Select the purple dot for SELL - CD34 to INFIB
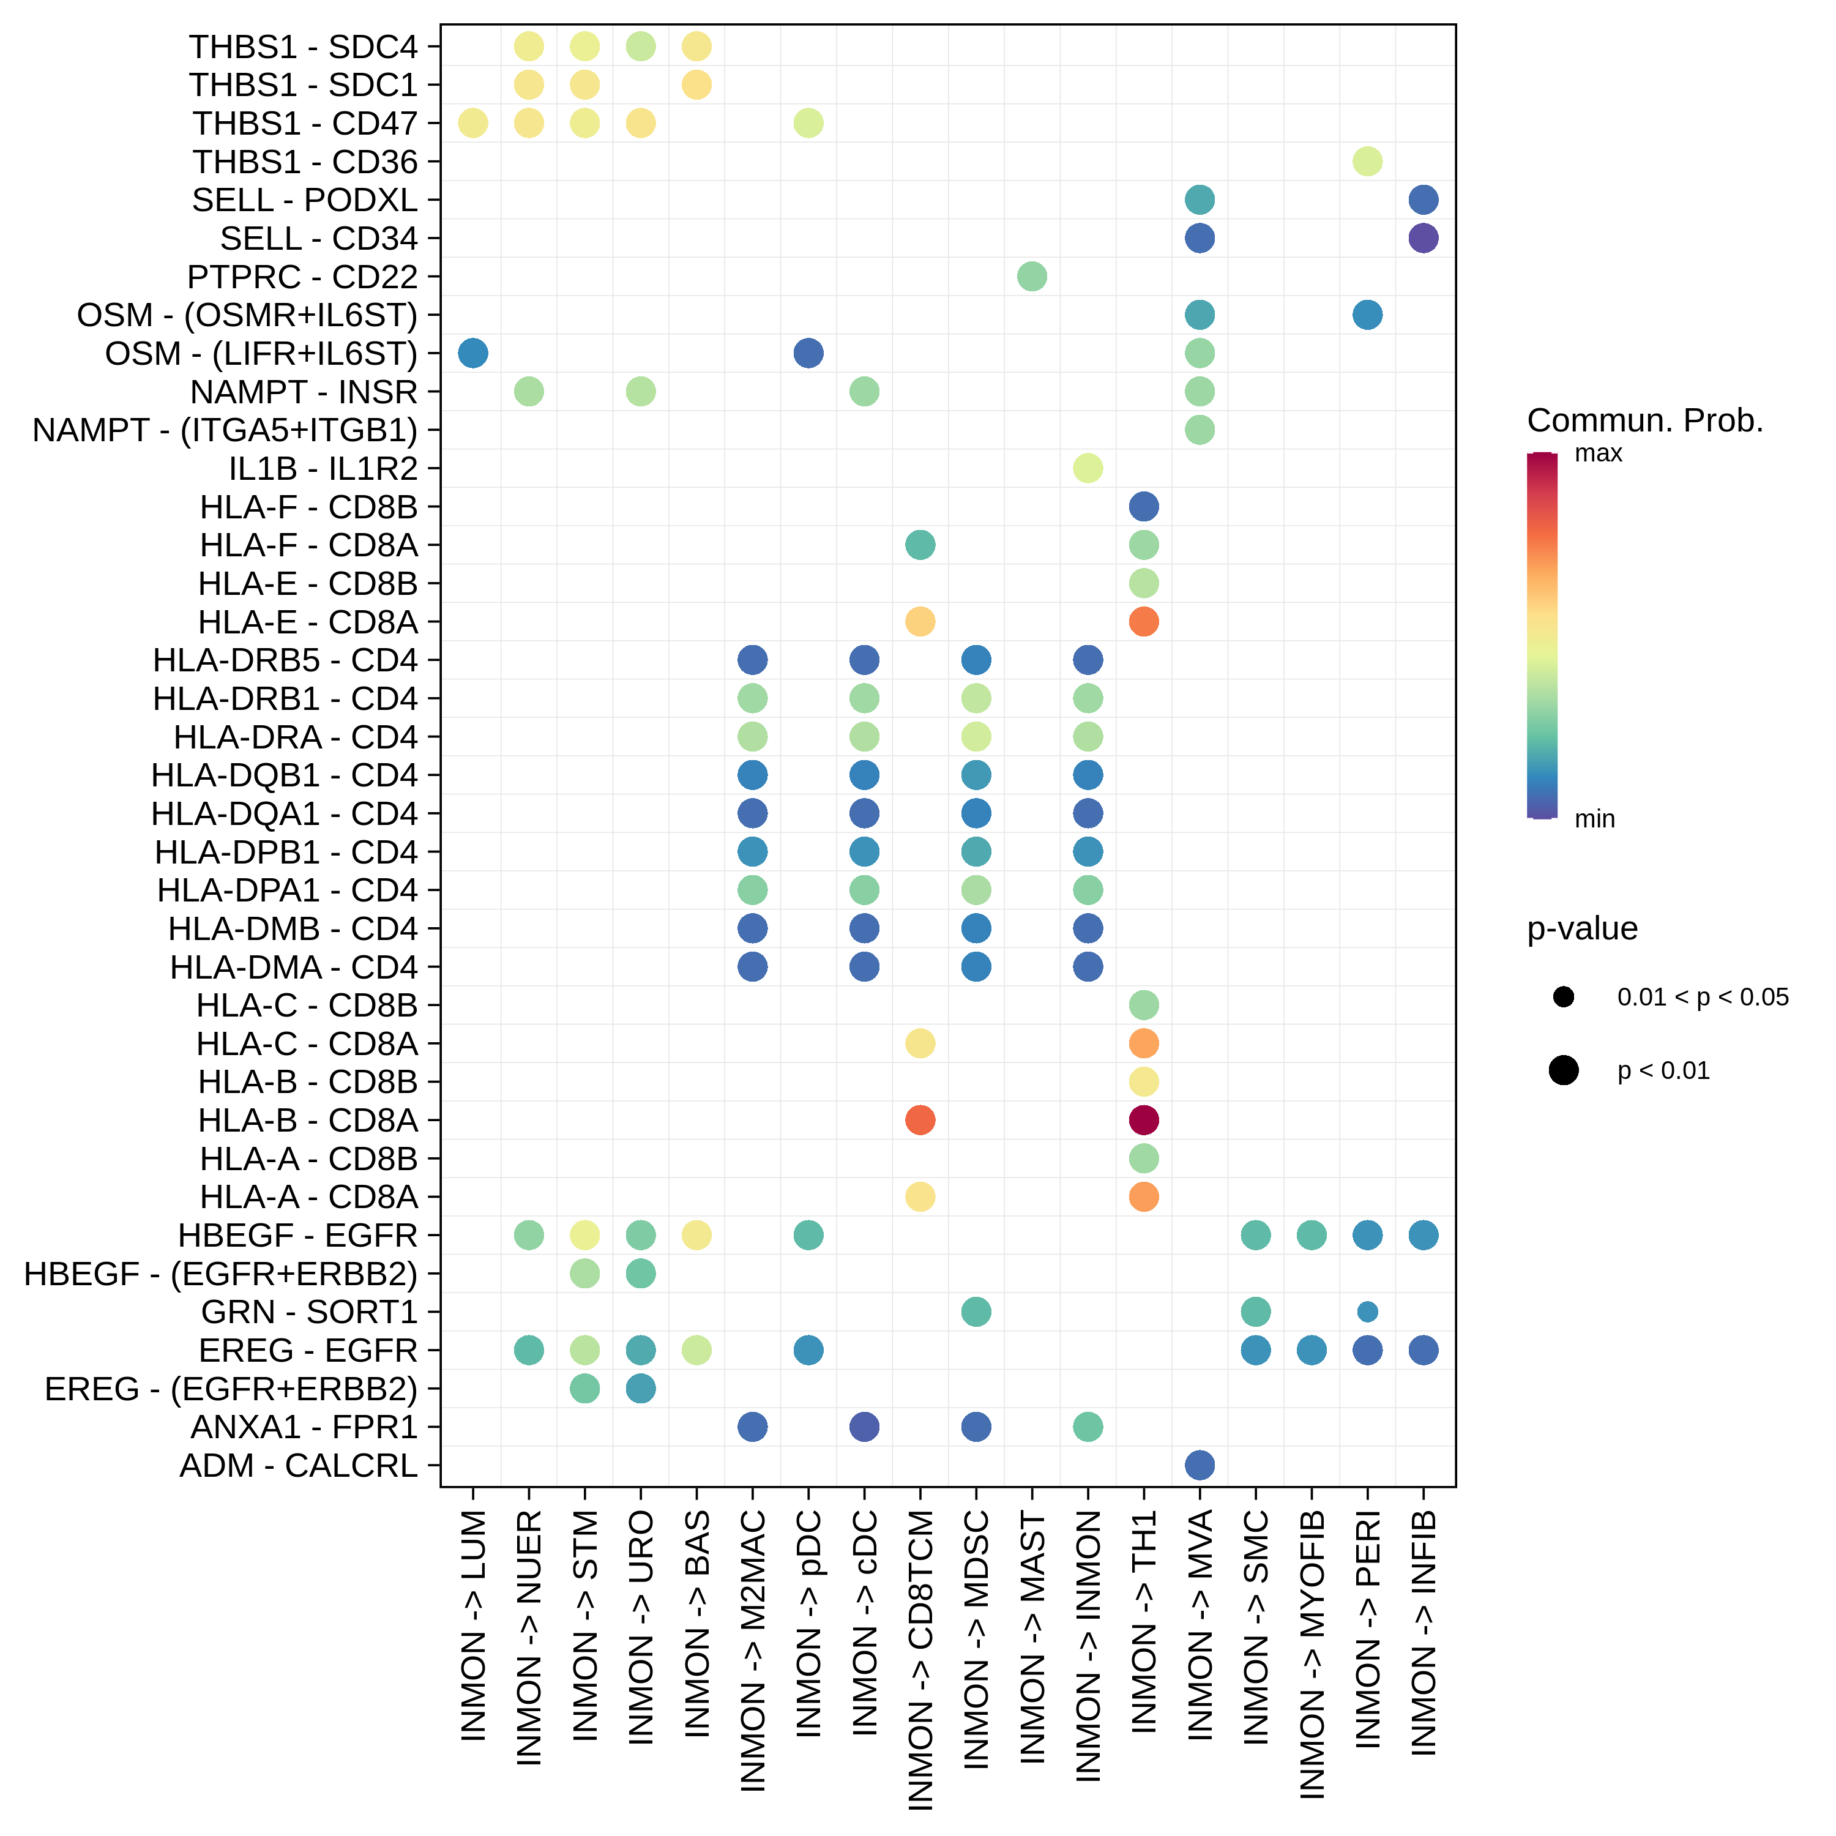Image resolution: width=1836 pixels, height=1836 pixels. pos(1423,239)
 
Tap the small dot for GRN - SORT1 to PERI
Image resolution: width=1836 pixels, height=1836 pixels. pos(1367,1312)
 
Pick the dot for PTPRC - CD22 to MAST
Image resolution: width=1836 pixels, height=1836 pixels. pos(1032,277)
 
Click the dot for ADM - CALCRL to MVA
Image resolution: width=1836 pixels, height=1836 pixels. pos(1200,1465)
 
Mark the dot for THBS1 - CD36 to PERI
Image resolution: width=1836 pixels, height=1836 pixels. pos(1367,162)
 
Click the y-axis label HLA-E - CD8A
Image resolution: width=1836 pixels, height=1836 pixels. pos(308,622)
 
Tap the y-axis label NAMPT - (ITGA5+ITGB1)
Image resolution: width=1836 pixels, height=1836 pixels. pos(225,430)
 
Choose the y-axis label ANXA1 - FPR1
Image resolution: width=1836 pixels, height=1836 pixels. pos(304,1427)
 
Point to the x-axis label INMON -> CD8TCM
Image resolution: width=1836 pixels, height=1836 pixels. pos(920,1659)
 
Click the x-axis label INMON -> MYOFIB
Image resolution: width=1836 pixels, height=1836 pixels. pos(1312,1654)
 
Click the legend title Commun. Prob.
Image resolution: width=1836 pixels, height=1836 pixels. pos(1644,420)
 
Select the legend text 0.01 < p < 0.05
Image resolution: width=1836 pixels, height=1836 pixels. pos(1702,997)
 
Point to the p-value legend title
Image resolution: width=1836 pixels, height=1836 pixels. pos(1581,928)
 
